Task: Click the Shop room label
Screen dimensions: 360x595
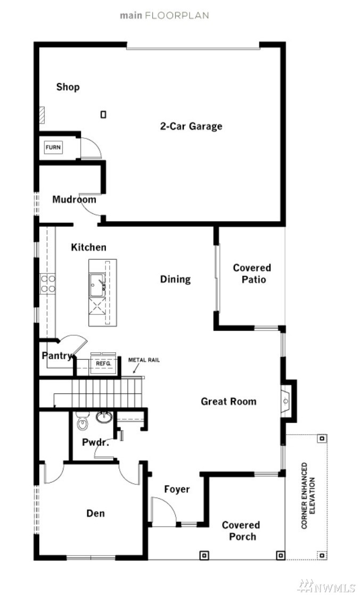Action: [x=68, y=87]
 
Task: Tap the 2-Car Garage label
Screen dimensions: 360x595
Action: [x=191, y=126]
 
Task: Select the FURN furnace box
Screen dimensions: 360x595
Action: [x=53, y=147]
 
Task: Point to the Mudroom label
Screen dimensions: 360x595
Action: [x=74, y=199]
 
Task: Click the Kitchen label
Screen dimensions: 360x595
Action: [x=88, y=247]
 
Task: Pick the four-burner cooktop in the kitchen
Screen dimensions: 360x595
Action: [x=48, y=284]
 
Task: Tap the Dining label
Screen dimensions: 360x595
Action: [x=175, y=279]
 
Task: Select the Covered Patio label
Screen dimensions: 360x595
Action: [x=252, y=274]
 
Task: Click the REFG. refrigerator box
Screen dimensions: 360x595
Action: [x=103, y=363]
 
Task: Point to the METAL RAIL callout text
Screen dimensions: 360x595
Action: [x=144, y=360]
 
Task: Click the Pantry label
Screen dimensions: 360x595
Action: [x=56, y=356]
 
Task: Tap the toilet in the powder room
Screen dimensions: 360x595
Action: [x=82, y=421]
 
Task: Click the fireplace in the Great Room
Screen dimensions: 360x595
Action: [x=286, y=401]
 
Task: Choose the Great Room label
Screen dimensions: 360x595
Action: [x=228, y=401]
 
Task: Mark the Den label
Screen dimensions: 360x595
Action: [x=95, y=514]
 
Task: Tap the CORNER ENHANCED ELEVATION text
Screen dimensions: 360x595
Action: [x=308, y=495]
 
